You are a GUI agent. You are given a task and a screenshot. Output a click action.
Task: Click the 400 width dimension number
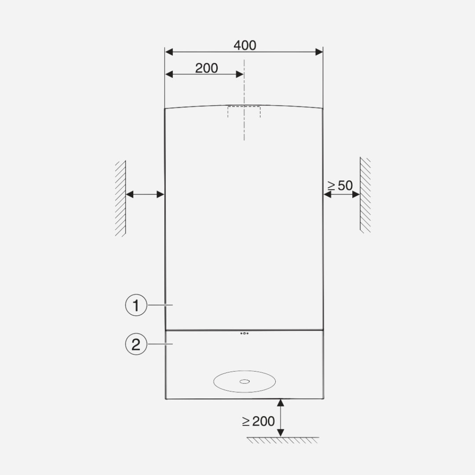(245, 45)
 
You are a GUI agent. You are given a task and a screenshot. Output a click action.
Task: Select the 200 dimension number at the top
(206, 68)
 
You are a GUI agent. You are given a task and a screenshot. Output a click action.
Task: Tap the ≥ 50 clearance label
(340, 186)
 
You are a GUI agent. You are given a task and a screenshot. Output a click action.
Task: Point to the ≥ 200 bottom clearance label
(259, 421)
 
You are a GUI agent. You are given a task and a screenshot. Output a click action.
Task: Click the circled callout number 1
(136, 305)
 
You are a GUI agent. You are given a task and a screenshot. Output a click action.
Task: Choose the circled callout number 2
(136, 344)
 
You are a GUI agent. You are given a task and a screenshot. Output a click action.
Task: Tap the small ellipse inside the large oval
(245, 381)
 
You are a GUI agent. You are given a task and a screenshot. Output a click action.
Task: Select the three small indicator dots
(245, 333)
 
